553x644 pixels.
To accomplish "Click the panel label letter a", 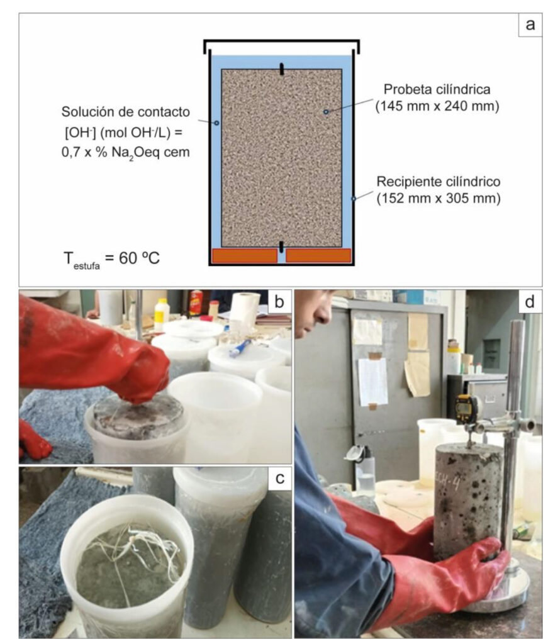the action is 530,25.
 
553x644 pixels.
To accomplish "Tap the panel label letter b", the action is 279,301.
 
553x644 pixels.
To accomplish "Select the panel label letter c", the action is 279,478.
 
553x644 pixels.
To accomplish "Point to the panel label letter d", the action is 530,301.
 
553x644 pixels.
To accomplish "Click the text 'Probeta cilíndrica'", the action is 437,89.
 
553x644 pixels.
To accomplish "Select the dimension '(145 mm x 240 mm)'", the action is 437,106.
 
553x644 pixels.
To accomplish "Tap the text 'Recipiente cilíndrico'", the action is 438,182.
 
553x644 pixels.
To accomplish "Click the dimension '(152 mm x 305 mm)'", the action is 438,198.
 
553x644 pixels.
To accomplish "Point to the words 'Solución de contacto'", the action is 126,112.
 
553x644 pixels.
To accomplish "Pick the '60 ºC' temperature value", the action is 139,258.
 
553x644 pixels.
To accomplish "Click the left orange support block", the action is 245,255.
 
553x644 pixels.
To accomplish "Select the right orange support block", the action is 318,255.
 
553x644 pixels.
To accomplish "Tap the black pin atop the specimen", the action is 281,69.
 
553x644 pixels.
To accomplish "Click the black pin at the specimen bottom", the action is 281,247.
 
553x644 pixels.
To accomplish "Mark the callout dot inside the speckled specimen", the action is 325,112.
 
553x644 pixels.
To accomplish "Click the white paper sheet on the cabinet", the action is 372,381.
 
